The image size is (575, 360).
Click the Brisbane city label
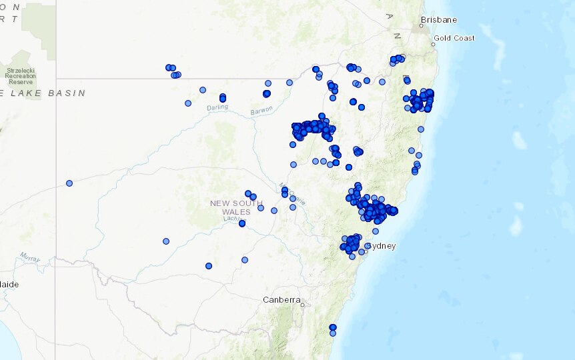pyautogui.click(x=440, y=20)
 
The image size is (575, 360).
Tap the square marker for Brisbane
pyautogui.click(x=422, y=27)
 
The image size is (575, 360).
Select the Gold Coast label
pyautogui.click(x=454, y=38)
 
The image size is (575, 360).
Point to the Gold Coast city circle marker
pyautogui.click(x=433, y=45)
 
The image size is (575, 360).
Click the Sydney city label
pyautogui.click(x=383, y=246)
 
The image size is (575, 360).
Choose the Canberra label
pyautogui.click(x=281, y=300)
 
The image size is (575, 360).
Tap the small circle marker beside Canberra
pyautogui.click(x=302, y=305)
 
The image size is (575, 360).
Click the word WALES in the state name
pyautogui.click(x=237, y=212)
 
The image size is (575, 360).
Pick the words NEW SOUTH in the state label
pyautogui.click(x=236, y=203)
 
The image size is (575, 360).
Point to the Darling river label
pyautogui.click(x=217, y=107)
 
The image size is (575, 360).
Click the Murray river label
pyautogui.click(x=30, y=257)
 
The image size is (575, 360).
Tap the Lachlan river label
pyautogui.click(x=233, y=219)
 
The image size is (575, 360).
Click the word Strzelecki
pyautogui.click(x=21, y=69)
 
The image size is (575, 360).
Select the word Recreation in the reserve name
pyautogui.click(x=21, y=76)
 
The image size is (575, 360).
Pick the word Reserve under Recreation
pyautogui.click(x=21, y=83)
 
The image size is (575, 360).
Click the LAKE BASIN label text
pyautogui.click(x=46, y=93)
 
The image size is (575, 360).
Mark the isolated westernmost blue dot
pyautogui.click(x=69, y=183)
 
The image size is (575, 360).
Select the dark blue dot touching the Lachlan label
pyautogui.click(x=242, y=223)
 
